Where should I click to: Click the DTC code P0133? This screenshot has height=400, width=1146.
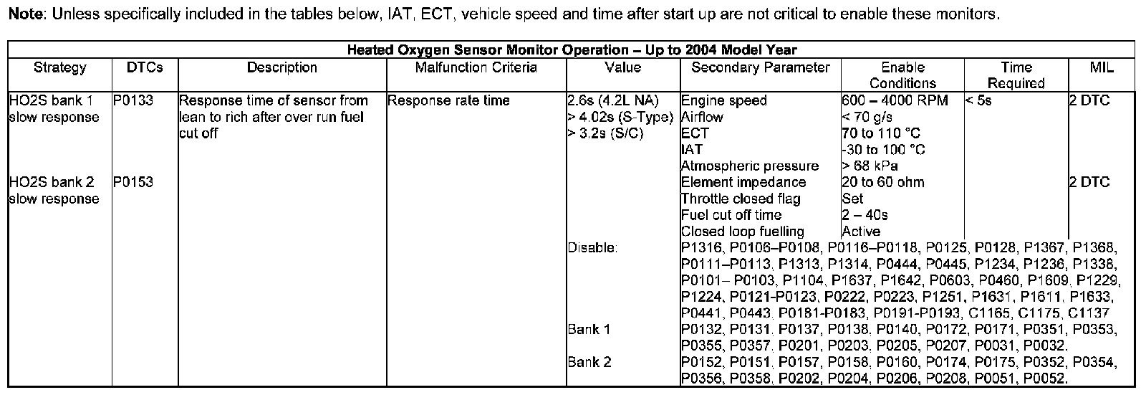coord(133,101)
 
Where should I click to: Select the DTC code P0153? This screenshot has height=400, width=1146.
coord(133,183)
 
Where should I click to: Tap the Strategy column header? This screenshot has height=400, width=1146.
coord(59,68)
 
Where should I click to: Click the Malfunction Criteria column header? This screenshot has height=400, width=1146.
coord(476,68)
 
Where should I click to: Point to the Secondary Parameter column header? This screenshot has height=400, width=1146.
coord(760,68)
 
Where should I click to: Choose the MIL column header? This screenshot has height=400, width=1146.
coord(1101,68)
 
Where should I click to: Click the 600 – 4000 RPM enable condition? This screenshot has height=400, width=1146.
coord(895,101)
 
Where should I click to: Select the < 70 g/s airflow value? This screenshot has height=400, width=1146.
coord(867,118)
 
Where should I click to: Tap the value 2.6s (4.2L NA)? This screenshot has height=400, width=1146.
coord(612,101)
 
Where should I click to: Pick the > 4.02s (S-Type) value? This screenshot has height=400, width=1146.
coord(620,118)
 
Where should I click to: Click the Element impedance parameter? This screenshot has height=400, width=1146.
coord(743,183)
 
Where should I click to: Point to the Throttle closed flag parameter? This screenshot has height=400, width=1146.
coord(741,199)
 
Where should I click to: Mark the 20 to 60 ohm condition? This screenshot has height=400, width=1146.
coord(883,183)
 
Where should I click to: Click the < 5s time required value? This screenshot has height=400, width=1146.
coord(978,101)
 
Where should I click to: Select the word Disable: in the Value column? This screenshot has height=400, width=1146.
coord(592,248)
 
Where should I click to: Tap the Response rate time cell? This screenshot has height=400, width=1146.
coord(448,101)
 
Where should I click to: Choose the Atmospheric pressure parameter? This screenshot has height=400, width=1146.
coord(749,166)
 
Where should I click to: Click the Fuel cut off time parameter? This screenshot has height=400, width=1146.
coord(731,215)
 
